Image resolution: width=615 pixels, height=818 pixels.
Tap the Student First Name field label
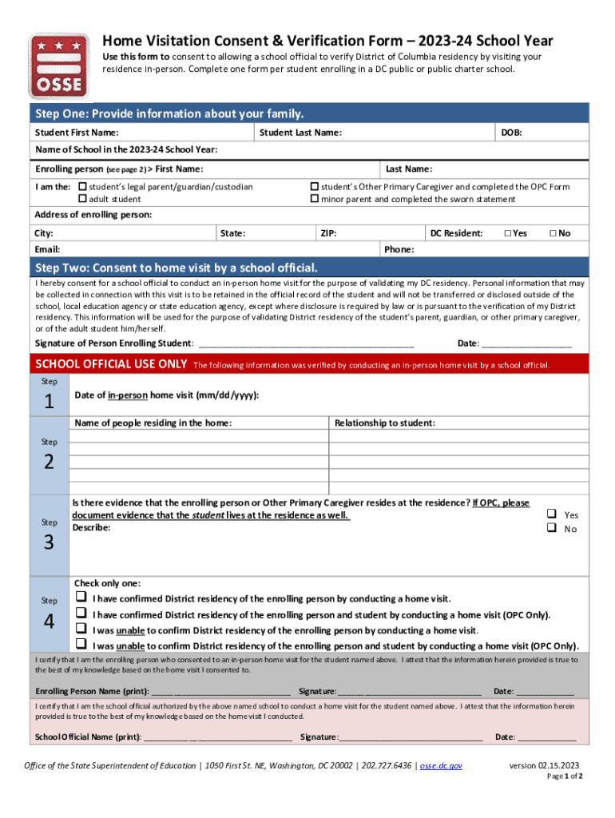[x=77, y=133]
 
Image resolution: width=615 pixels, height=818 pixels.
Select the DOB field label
[x=511, y=133]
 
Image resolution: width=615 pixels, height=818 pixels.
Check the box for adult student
[x=82, y=199]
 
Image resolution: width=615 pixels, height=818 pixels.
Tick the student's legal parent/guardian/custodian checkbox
[x=82, y=187]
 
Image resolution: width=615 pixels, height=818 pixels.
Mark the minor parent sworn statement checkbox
[x=315, y=199]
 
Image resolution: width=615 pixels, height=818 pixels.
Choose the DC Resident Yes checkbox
[x=506, y=233]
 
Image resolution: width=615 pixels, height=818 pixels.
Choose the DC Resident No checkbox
[x=551, y=233]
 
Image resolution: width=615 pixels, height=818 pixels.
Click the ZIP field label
[x=327, y=233]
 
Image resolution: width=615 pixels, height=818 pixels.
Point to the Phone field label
[x=399, y=250]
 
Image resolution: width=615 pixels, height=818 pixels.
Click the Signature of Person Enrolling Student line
[x=305, y=343]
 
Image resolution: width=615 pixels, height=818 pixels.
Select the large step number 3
[x=50, y=543]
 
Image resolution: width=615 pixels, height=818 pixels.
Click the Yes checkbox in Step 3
[x=551, y=514]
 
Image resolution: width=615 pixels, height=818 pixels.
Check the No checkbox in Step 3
[x=551, y=528]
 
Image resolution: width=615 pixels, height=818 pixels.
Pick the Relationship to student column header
[x=385, y=423]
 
